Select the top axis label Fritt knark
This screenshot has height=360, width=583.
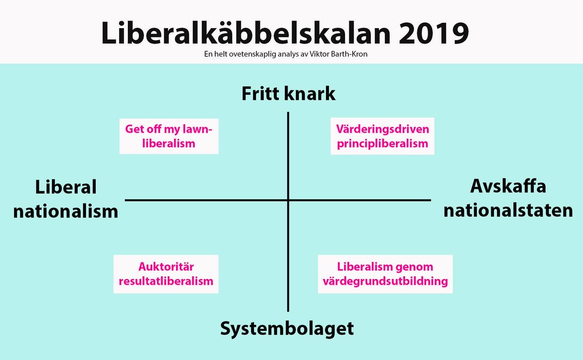(x=289, y=94)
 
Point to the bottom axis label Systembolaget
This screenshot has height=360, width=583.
(x=287, y=328)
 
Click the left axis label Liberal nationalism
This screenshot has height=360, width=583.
(x=66, y=199)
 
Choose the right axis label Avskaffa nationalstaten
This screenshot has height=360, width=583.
(x=508, y=199)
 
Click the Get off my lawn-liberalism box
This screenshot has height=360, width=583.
(x=169, y=137)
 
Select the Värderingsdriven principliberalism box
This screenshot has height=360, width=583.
(x=382, y=137)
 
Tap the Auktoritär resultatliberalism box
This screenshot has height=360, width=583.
(x=166, y=274)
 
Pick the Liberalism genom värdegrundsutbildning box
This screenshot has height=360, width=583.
(x=385, y=274)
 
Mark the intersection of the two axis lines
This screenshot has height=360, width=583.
(x=289, y=200)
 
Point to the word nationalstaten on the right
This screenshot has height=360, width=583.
(x=508, y=211)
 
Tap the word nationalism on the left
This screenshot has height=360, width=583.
(x=66, y=212)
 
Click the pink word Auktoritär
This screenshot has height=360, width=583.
(x=166, y=267)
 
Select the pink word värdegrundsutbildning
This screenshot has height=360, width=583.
(x=385, y=281)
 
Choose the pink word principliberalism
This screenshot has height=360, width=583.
(x=382, y=143)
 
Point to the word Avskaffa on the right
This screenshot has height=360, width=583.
(x=508, y=187)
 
